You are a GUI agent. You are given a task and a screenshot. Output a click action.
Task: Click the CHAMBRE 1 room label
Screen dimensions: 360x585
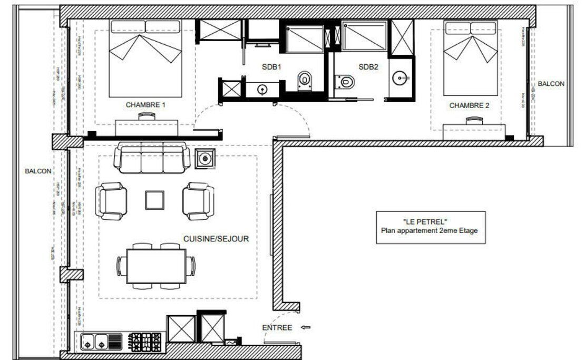[145, 105]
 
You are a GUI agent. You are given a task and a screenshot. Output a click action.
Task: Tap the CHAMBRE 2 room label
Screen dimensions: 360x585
[469, 105]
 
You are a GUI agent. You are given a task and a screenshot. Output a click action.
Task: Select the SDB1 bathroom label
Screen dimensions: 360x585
[272, 67]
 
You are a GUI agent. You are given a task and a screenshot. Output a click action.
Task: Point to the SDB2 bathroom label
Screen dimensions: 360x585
[368, 67]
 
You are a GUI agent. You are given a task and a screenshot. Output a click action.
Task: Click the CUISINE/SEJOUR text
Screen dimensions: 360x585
[216, 239]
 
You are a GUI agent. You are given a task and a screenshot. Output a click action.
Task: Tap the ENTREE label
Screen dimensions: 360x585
[277, 328]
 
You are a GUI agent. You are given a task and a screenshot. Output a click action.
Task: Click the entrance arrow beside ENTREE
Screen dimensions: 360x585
[305, 328]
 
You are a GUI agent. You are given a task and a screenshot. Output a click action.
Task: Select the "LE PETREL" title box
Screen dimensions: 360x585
[430, 227]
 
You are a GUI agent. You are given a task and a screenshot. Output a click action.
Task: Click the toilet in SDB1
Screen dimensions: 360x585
[305, 80]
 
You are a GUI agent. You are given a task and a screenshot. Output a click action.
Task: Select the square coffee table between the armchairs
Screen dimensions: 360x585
[155, 200]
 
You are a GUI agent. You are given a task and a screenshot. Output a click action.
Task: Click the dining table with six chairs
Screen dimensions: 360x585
[156, 266]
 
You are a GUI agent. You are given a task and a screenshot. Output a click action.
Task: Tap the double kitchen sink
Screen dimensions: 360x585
[94, 342]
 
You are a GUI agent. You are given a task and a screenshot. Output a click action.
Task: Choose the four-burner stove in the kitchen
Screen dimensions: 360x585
[146, 342]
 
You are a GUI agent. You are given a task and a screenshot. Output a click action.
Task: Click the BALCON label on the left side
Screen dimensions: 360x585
[38, 171]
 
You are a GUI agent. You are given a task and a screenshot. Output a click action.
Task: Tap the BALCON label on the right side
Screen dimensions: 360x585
[551, 84]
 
